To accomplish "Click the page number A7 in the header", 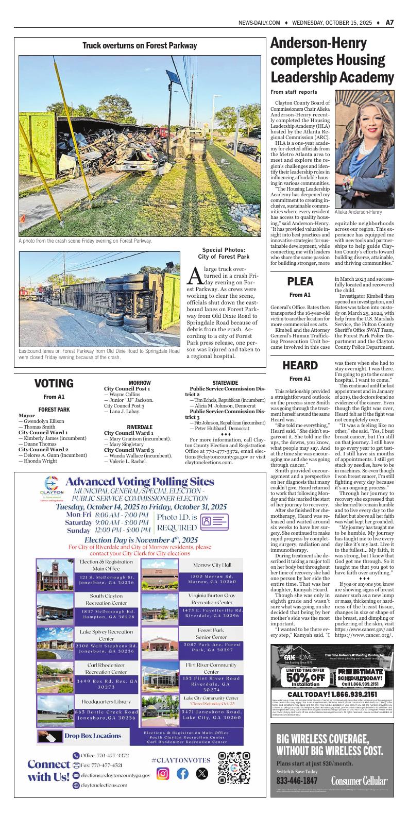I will (x=389, y=23).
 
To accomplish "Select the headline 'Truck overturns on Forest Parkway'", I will (x=140, y=46).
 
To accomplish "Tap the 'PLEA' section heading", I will (x=300, y=281).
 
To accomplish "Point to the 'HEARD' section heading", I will (x=300, y=365).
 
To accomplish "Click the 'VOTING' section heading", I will (x=54, y=383).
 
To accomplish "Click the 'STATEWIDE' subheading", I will (x=225, y=383).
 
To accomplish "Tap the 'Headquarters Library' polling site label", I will (x=105, y=702).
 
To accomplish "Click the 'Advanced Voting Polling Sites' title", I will (x=140, y=482).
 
